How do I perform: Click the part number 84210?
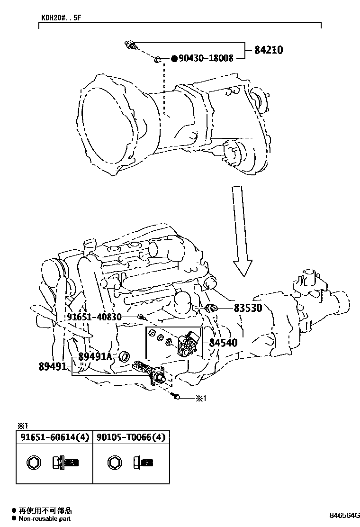(x=269, y=49)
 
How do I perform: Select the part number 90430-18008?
(x=206, y=58)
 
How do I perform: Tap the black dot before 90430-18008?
(x=174, y=58)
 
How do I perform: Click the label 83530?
(x=248, y=308)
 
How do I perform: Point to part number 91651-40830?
(x=94, y=317)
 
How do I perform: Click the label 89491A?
(x=95, y=356)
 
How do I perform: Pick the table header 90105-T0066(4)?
(x=131, y=437)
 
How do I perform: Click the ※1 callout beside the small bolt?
(x=202, y=398)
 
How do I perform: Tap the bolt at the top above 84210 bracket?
(x=131, y=45)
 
